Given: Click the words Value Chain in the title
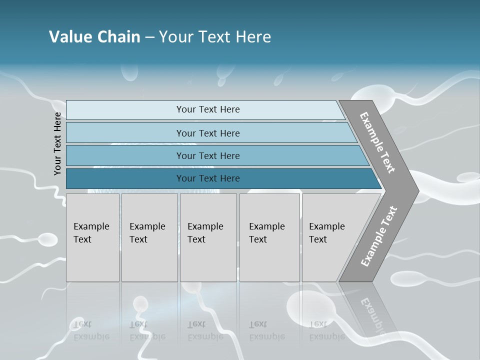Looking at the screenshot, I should [x=94, y=37].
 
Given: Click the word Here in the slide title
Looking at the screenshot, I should [x=253, y=37].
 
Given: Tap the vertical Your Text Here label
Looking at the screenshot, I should [x=57, y=143].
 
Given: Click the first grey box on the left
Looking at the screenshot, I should [x=92, y=237].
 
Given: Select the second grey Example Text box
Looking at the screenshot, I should [x=149, y=237].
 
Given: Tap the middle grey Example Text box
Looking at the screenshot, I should [x=208, y=237].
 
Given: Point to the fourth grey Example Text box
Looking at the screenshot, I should [x=269, y=237].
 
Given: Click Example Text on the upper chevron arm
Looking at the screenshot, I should [x=378, y=142].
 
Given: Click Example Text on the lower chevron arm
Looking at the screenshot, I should [x=379, y=236].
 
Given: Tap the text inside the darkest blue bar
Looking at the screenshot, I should [x=208, y=178].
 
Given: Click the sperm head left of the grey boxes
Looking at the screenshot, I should [x=48, y=239].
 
